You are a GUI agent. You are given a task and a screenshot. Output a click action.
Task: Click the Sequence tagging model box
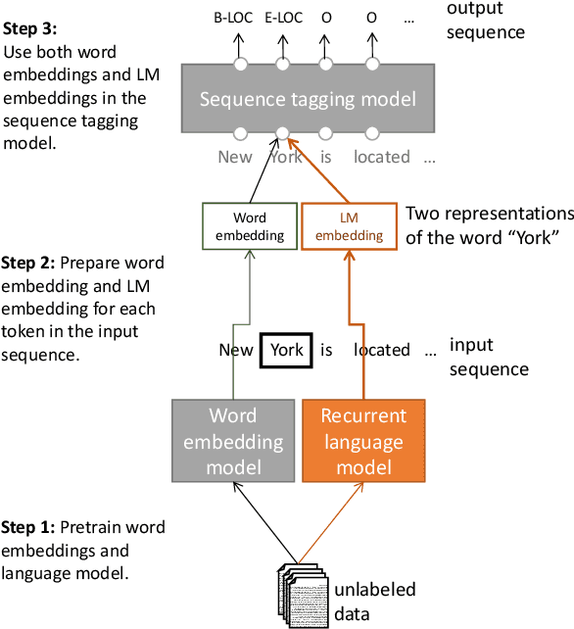tap(307, 99)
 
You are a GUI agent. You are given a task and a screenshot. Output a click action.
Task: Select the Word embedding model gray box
tap(233, 440)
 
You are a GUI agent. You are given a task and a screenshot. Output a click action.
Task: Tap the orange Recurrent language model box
tap(362, 440)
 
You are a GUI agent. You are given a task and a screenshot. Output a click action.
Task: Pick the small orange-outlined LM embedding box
tap(349, 226)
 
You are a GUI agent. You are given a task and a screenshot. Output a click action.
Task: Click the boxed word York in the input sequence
tap(286, 350)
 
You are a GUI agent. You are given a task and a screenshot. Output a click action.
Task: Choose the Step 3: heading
tap(29, 30)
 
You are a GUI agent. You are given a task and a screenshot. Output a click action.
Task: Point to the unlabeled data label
tap(374, 601)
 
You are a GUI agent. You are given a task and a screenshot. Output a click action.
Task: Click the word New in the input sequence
tap(236, 350)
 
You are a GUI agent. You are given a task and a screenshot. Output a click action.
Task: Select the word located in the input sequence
tap(382, 350)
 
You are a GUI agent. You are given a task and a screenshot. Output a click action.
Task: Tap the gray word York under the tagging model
tap(285, 156)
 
